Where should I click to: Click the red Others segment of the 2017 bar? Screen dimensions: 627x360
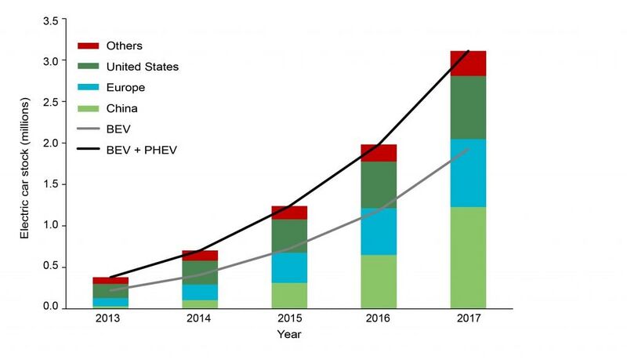(468, 64)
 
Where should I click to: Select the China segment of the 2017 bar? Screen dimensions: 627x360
(468, 257)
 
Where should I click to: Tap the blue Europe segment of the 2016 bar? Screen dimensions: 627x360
(379, 231)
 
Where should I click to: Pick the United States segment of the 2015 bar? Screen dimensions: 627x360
(289, 235)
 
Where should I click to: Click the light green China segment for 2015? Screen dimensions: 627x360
(289, 296)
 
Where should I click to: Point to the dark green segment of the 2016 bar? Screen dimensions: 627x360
(379, 185)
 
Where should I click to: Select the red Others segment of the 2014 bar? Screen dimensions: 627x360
(200, 256)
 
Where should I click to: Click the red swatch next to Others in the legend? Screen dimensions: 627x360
(88, 45)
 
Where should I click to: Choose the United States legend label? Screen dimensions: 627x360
(143, 67)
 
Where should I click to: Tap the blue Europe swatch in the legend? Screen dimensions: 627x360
(88, 87)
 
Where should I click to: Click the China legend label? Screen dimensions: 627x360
(122, 108)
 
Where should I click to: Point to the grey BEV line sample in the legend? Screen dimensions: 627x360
(88, 129)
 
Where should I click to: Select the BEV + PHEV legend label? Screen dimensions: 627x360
(142, 150)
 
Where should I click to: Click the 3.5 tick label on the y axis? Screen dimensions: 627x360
(51, 21)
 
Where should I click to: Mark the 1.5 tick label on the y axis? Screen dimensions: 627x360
(51, 184)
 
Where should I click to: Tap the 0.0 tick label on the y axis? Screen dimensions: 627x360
(51, 307)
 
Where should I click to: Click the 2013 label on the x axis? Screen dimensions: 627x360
(107, 318)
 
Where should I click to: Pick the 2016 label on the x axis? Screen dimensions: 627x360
(378, 318)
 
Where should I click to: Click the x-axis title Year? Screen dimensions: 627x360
(289, 334)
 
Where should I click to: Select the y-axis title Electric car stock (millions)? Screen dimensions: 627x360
(25, 168)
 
